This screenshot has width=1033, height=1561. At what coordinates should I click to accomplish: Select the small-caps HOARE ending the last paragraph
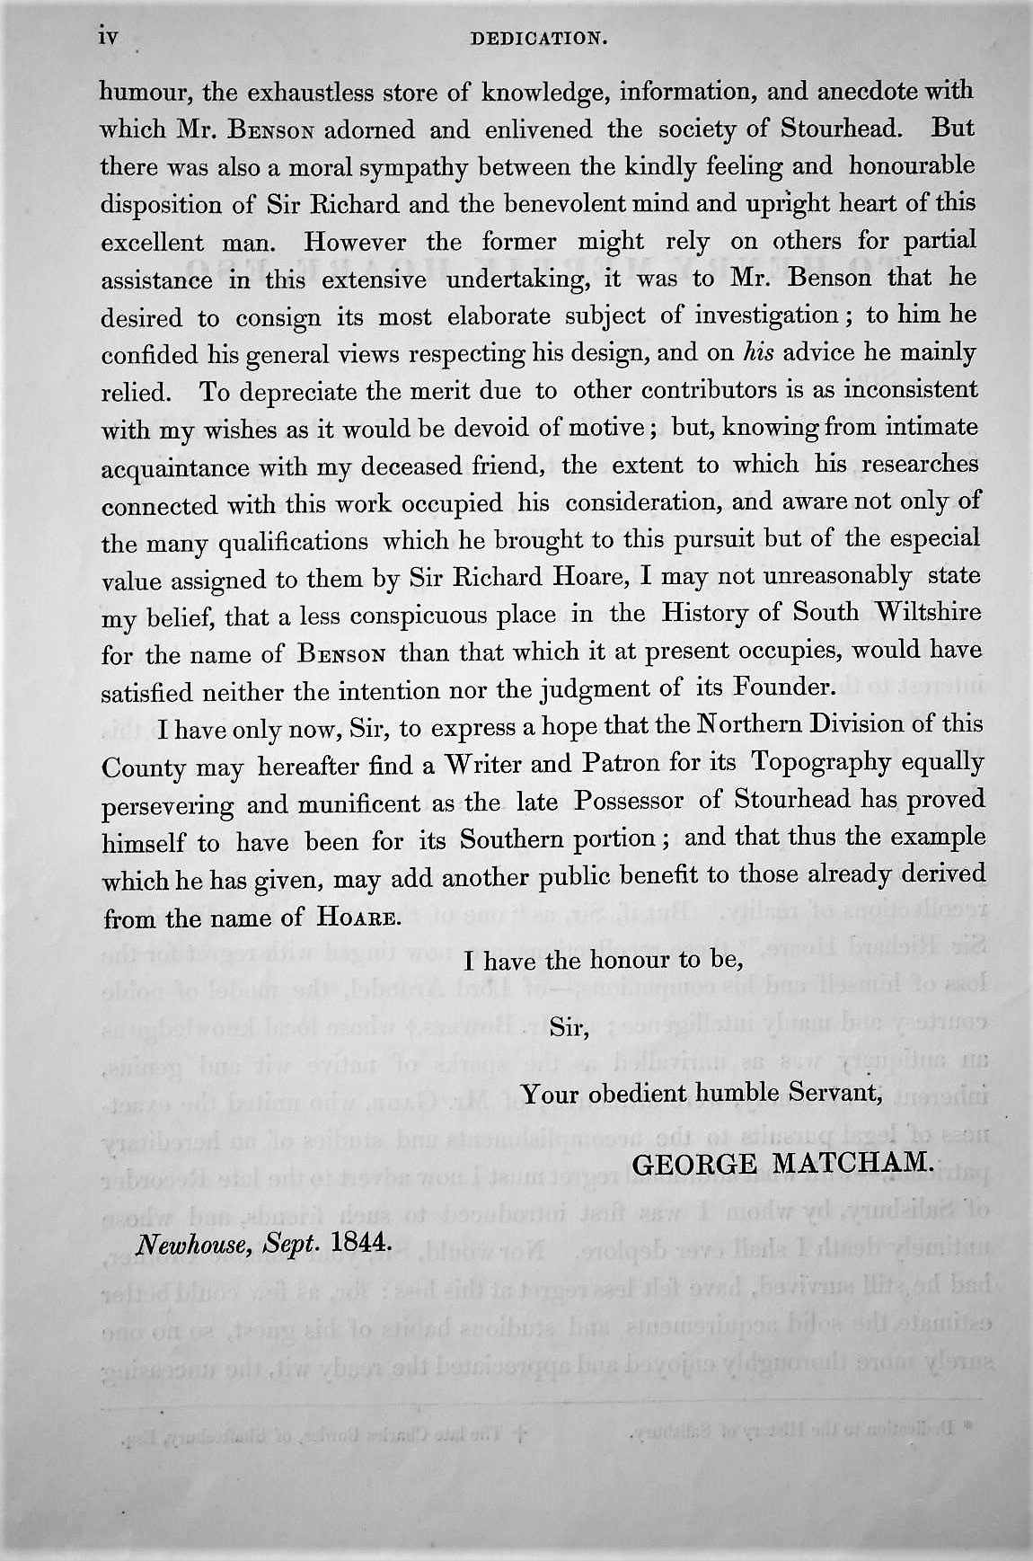(x=356, y=918)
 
